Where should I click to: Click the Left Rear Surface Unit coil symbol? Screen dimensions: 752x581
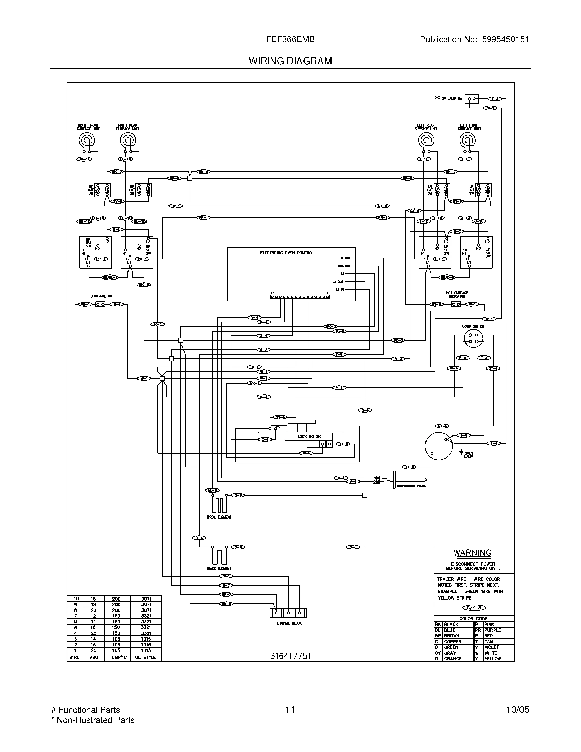tap(426, 140)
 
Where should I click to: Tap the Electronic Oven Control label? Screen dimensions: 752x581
tap(287, 253)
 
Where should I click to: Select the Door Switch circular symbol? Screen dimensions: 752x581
tap(473, 338)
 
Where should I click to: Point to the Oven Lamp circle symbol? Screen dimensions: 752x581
tap(438, 446)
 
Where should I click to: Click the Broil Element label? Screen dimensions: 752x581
tap(219, 517)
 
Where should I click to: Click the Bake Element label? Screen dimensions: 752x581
tap(219, 568)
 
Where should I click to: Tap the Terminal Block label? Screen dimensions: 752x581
tap(288, 623)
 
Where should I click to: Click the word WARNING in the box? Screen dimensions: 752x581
tap(472, 553)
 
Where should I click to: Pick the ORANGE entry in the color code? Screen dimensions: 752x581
tap(452, 659)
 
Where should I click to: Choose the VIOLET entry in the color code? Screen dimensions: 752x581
tap(491, 647)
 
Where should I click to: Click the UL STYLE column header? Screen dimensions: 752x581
tap(145, 657)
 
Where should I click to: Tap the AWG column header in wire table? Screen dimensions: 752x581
tap(94, 657)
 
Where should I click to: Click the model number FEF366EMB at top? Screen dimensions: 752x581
tap(290, 40)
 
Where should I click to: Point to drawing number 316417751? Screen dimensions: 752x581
tap(290, 656)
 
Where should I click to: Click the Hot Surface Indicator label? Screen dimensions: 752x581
tap(457, 294)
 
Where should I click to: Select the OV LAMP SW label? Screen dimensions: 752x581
tap(452, 99)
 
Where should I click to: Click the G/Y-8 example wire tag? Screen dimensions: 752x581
tap(474, 608)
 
